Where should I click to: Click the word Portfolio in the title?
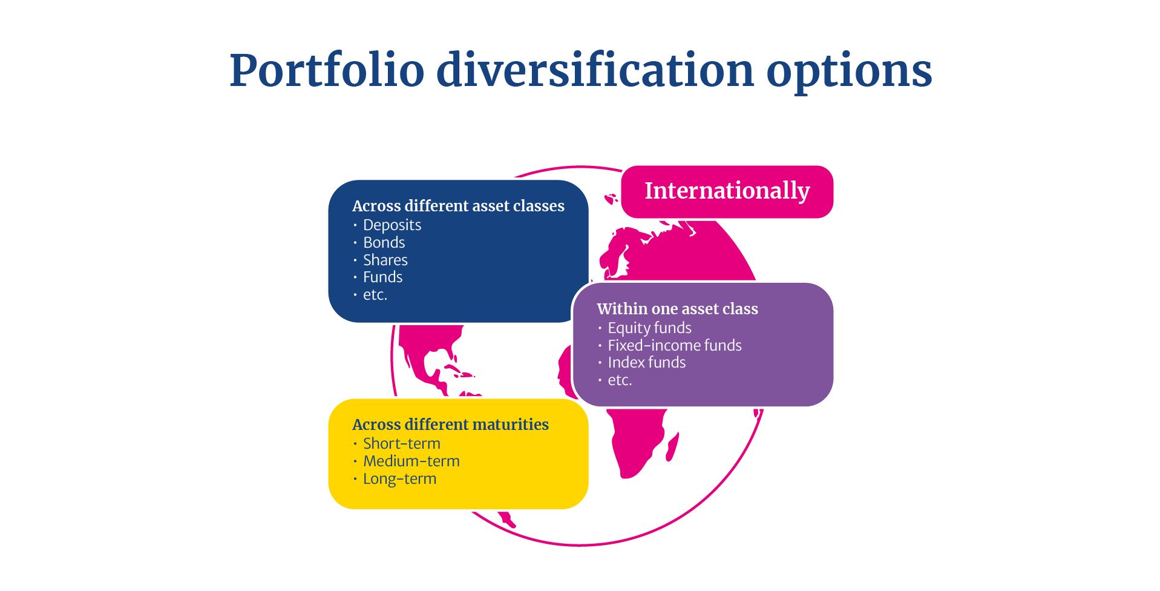tap(327, 70)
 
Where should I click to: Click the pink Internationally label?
tap(727, 191)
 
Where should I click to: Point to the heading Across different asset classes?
tap(458, 206)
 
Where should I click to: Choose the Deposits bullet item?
tap(392, 225)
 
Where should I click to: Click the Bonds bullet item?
tap(384, 242)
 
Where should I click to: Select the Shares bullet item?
tap(385, 260)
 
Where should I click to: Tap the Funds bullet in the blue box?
tap(382, 277)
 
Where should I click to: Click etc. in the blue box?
tap(375, 295)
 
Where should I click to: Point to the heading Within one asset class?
tap(677, 309)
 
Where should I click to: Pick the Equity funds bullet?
tap(649, 328)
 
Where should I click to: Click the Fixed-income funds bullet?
tap(674, 345)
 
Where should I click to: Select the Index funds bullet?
tap(646, 362)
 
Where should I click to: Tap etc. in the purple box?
tap(620, 380)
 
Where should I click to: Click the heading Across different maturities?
tap(450, 424)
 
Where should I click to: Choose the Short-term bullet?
tap(401, 443)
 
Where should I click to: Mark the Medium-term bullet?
tap(411, 461)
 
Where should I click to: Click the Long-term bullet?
tap(399, 479)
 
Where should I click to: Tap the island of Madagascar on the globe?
tap(672, 447)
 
